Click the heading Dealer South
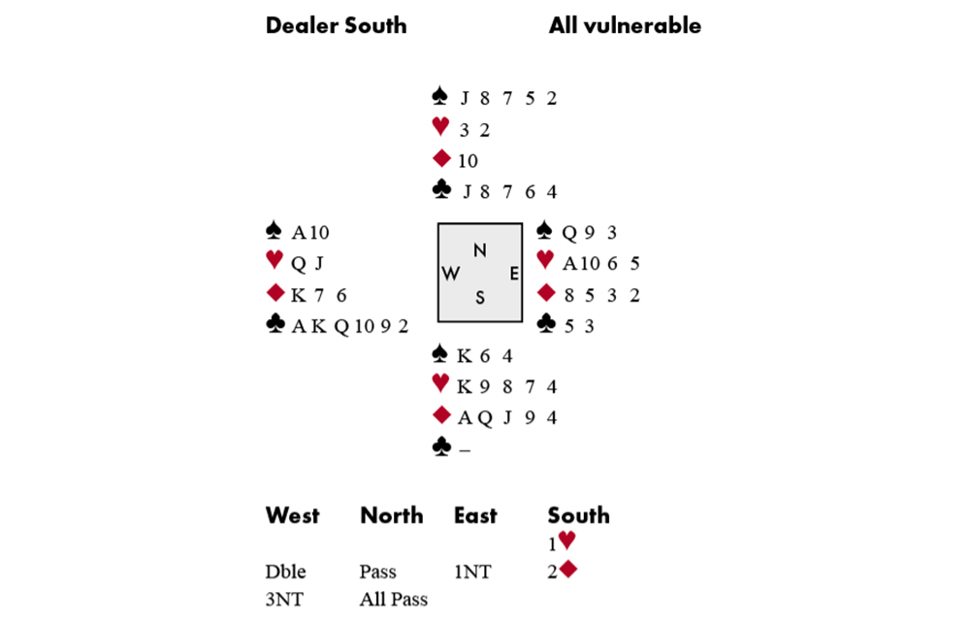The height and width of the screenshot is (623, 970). point(336,25)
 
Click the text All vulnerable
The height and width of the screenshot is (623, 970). point(625,25)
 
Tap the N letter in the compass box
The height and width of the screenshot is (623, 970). point(479,250)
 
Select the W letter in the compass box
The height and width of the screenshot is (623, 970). point(451,274)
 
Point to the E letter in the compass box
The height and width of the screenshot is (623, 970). point(514,274)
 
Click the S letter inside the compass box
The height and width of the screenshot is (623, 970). point(479,298)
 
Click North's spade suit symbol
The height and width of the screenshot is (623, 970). point(440,97)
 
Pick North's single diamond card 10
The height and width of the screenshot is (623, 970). point(468,161)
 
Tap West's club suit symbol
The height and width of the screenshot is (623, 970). point(275,326)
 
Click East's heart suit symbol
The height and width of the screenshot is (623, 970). point(546,262)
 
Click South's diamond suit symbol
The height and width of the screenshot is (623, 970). point(441,416)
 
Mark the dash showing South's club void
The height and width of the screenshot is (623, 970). point(464,449)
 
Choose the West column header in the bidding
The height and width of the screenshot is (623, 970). point(292,515)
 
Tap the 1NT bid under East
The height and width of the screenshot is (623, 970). point(474,572)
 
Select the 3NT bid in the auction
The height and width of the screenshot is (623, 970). point(283,599)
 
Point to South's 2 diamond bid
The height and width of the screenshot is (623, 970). point(562,572)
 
